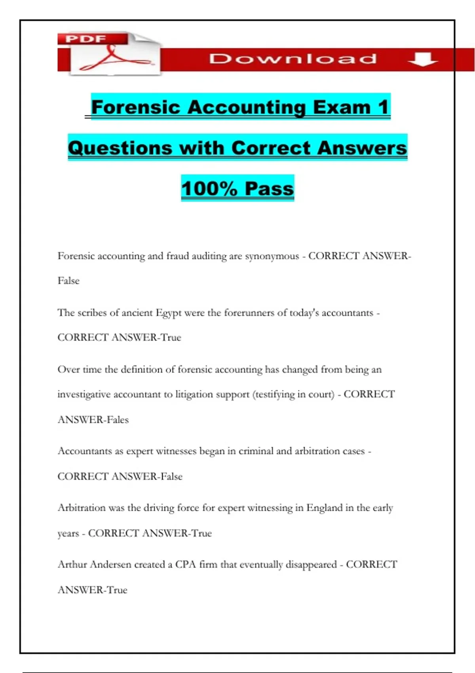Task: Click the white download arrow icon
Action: [x=422, y=59]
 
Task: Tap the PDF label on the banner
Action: [x=86, y=39]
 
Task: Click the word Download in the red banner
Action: [x=293, y=59]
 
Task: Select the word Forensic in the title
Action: [x=136, y=107]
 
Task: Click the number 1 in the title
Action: [x=383, y=107]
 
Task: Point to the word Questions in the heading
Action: [x=120, y=148]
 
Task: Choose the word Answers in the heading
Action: [x=362, y=148]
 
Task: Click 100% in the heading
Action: [x=209, y=188]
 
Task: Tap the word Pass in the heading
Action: [x=269, y=188]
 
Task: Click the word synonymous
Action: [x=272, y=257]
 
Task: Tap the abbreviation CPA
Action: [x=186, y=565]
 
